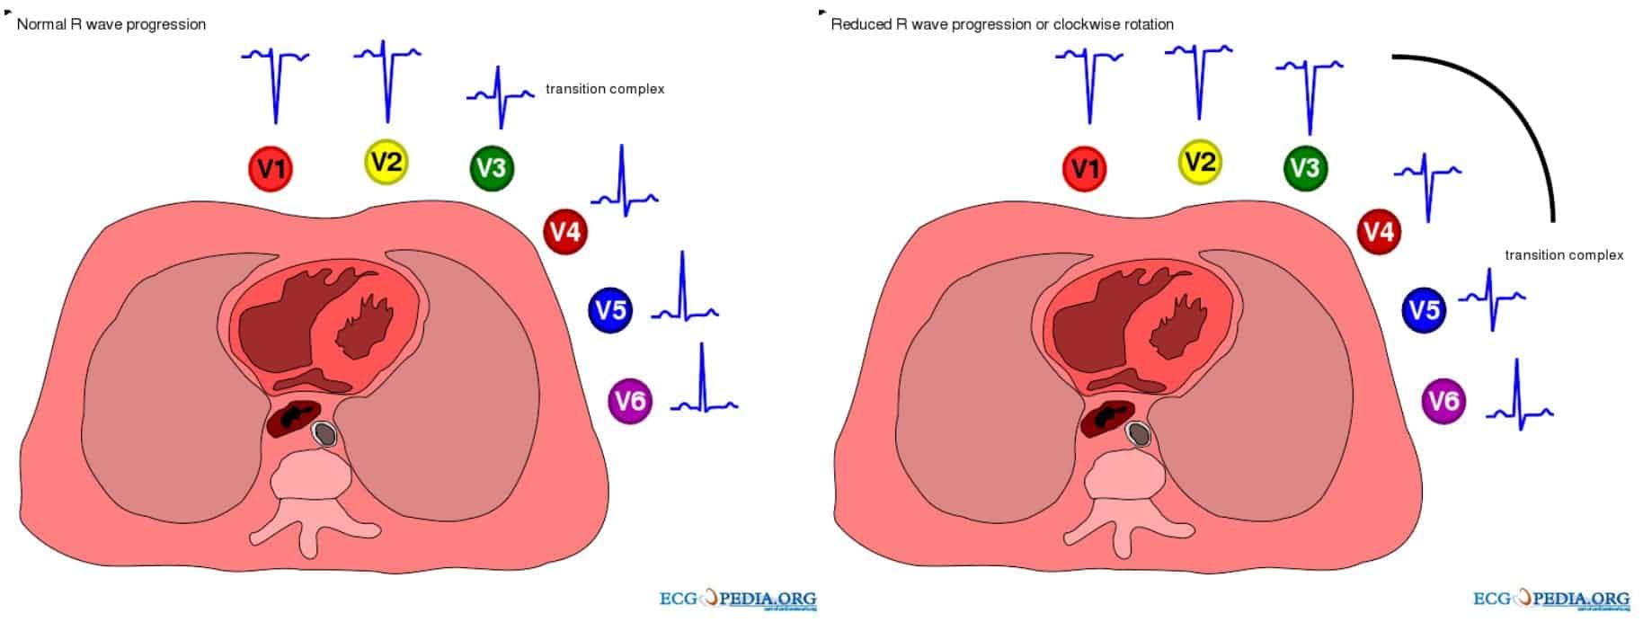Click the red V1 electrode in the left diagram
[271, 169]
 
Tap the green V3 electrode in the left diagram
[492, 168]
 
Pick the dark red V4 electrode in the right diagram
[1379, 232]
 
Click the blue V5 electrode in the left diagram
[611, 310]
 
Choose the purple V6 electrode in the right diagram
[1443, 400]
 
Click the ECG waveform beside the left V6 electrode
[704, 382]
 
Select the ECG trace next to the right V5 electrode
[1491, 298]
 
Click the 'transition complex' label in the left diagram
[605, 89]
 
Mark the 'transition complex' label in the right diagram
[1564, 255]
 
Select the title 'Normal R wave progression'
[111, 24]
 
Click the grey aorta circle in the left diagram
[324, 435]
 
